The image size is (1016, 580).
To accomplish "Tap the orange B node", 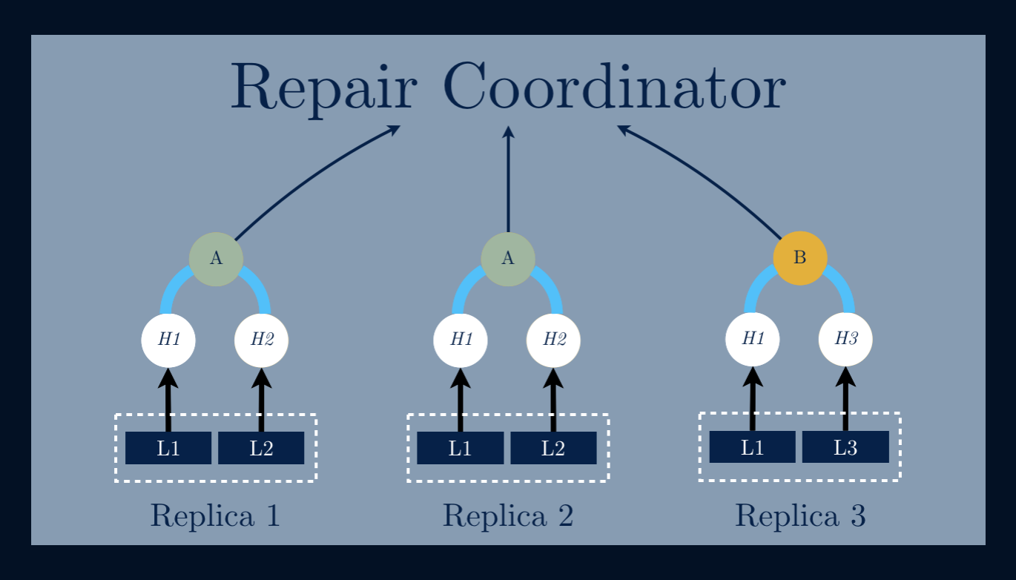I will click(799, 258).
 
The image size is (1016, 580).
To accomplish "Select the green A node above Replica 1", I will click(216, 258).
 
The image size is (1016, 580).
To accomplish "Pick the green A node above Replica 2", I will click(508, 258).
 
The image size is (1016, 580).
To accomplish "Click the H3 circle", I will click(845, 339).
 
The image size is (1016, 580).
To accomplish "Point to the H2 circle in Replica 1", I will click(261, 340).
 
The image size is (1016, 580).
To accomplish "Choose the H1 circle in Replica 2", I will click(461, 340).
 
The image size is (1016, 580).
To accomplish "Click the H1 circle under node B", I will click(753, 339).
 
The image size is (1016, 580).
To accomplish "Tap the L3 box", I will click(845, 447).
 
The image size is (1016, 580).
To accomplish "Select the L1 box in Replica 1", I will click(168, 448).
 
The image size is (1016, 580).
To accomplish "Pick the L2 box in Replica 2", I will click(553, 448).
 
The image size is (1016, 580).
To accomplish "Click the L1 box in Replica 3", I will click(752, 447).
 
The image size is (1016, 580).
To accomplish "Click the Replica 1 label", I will click(215, 515).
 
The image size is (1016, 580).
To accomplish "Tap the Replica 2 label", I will click(508, 515).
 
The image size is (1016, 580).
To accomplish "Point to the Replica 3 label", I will click(800, 515).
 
